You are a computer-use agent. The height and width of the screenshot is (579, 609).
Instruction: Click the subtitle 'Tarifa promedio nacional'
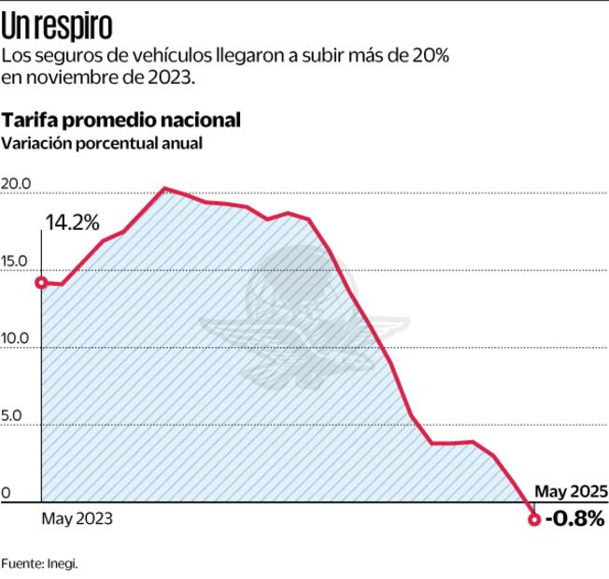(x=121, y=120)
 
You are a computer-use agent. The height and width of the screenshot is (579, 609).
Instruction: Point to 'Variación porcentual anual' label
(x=102, y=144)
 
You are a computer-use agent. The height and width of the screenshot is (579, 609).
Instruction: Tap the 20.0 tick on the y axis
(x=16, y=183)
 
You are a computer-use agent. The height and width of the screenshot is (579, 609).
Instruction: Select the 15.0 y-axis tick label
(x=16, y=261)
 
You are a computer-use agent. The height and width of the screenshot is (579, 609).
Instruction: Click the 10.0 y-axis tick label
(x=16, y=339)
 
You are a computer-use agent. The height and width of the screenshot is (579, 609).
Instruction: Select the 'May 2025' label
(x=571, y=490)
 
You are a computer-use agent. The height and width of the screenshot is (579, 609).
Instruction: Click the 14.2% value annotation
(x=72, y=223)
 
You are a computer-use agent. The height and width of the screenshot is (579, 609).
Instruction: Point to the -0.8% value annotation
(x=575, y=518)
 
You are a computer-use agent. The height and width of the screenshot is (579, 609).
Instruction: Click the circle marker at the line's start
(x=41, y=282)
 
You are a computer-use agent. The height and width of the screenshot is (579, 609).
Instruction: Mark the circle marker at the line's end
(x=534, y=519)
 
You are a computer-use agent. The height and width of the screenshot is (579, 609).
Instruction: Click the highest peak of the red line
(x=164, y=189)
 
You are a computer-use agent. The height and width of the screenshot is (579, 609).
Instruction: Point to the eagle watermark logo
(x=304, y=318)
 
